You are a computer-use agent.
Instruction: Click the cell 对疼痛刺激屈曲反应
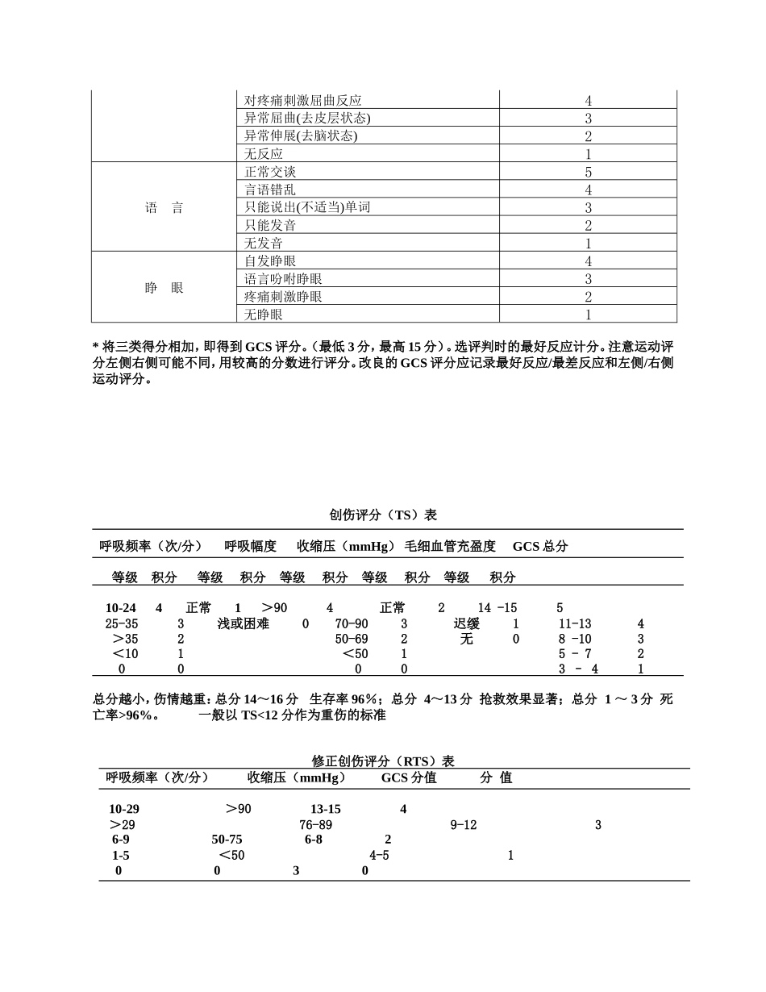coord(303,101)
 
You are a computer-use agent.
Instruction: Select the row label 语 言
coord(164,208)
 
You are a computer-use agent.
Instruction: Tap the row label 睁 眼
coord(164,288)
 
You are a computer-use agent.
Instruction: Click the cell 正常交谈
coord(271,172)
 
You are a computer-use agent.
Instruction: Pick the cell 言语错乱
coord(271,190)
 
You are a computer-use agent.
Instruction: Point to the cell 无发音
coord(264,243)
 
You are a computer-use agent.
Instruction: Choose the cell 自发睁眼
coord(271,261)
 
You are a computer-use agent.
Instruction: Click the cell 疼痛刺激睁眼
coord(284,297)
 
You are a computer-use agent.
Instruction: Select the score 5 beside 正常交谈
coord(588,172)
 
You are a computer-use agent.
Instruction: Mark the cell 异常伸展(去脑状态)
coord(301,136)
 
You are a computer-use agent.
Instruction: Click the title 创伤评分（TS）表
coord(383,515)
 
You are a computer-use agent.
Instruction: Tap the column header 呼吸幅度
coord(250,546)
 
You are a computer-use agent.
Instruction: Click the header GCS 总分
coord(540,546)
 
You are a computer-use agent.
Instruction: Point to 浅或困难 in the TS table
coord(244,623)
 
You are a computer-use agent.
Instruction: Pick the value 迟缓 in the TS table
coord(467,623)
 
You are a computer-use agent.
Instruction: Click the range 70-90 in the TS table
coord(352,623)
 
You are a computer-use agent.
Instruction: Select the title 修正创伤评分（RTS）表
coord(383,761)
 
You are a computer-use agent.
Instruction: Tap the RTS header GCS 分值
coord(409,777)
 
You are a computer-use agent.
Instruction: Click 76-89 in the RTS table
coord(315,825)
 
